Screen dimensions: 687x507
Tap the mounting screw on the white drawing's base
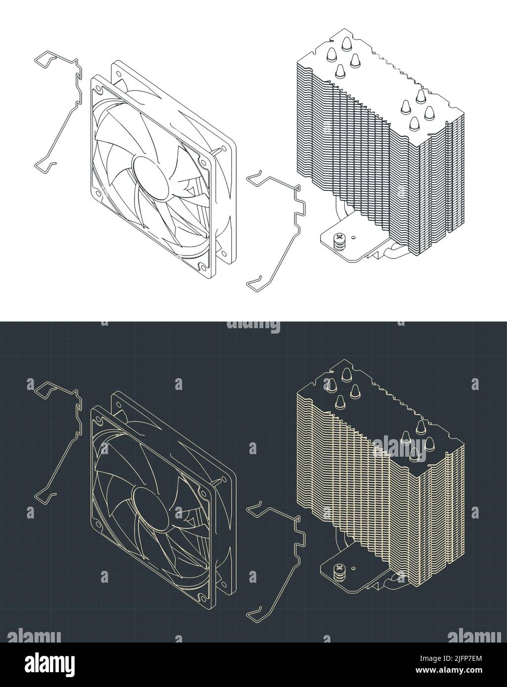click(x=339, y=239)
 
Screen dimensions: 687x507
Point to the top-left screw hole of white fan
click(x=99, y=90)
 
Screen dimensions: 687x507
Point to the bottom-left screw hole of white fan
click(x=98, y=193)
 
